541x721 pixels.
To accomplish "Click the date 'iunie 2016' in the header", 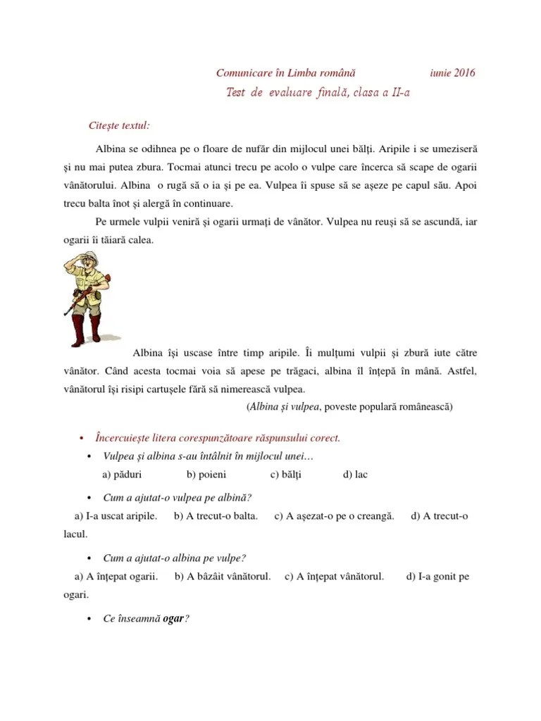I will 452,73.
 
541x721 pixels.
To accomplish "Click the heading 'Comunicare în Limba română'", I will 285,73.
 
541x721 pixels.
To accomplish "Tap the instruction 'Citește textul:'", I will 119,125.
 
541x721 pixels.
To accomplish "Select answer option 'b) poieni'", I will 207,475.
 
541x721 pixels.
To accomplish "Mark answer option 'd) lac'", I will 355,475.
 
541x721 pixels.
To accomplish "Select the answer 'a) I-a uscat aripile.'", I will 116,516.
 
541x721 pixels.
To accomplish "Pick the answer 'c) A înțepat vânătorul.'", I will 334,577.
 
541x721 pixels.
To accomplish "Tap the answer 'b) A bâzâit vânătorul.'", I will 223,577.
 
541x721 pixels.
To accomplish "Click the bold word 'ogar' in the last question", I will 173,619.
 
